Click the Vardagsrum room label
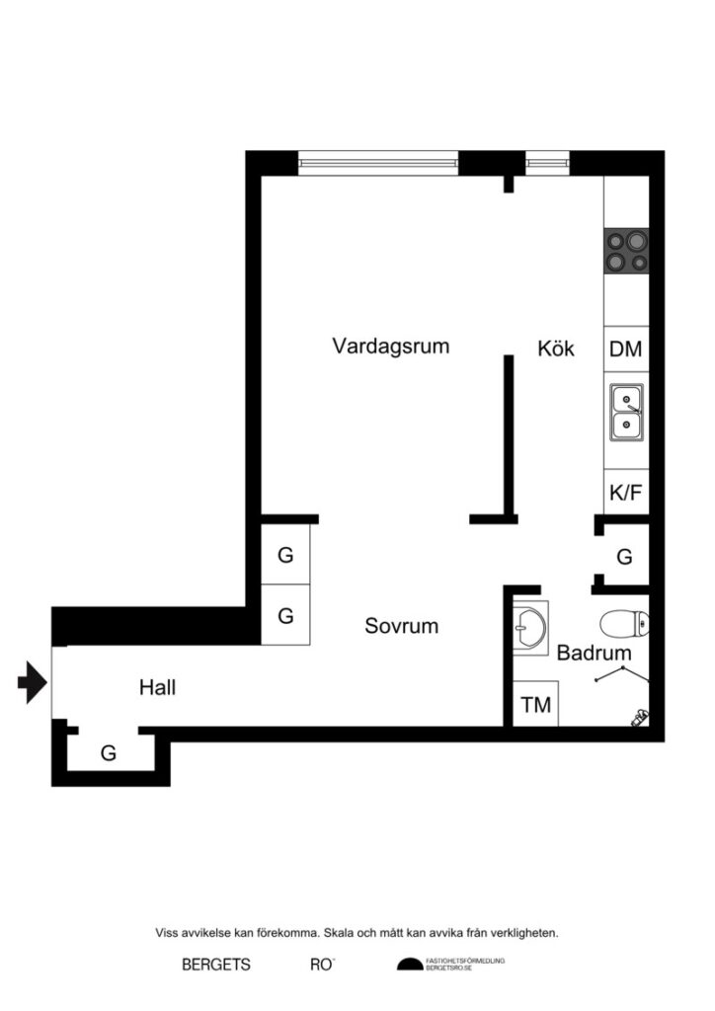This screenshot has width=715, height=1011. point(391,347)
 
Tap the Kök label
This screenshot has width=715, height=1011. point(557,349)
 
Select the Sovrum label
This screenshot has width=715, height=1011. point(401,626)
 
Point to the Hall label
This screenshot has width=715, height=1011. point(158,687)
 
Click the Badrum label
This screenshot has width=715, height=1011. point(594,653)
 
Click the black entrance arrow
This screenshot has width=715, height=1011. point(33,682)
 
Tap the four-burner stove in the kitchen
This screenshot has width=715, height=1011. point(626,251)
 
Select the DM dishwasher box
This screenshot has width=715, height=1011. point(626,349)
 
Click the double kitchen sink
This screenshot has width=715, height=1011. point(626,412)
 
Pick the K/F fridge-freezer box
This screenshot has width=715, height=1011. point(626,493)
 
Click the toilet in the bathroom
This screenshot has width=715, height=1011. point(624,623)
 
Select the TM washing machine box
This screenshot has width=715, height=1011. point(536,706)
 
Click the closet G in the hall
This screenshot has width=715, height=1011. point(109,753)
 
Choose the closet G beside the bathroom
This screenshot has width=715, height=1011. point(624,557)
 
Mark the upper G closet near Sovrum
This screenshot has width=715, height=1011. point(285,555)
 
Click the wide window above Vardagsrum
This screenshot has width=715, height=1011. point(378,161)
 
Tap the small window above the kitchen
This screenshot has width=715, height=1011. point(547,161)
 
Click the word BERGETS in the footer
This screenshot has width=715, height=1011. point(216,965)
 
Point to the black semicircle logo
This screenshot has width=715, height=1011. point(409,965)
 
